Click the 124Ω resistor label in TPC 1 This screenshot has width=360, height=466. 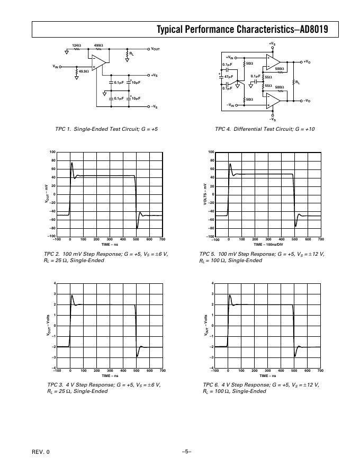(76, 46)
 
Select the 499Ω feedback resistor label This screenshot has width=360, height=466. (98, 46)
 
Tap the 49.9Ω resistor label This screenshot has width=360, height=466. (84, 71)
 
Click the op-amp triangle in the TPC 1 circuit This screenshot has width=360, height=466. (99, 62)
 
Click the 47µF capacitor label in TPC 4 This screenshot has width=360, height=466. (229, 77)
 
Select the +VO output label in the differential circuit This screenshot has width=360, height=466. (307, 62)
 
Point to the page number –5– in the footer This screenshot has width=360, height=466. (186, 451)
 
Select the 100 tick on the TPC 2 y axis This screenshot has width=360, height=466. (52, 152)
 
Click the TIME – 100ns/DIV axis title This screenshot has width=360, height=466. (268, 245)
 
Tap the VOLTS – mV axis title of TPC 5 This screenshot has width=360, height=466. (205, 194)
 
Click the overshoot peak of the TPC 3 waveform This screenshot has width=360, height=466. (72, 295)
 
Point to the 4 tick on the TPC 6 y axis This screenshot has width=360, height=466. (213, 283)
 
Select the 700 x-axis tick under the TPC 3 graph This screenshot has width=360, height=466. (163, 371)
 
